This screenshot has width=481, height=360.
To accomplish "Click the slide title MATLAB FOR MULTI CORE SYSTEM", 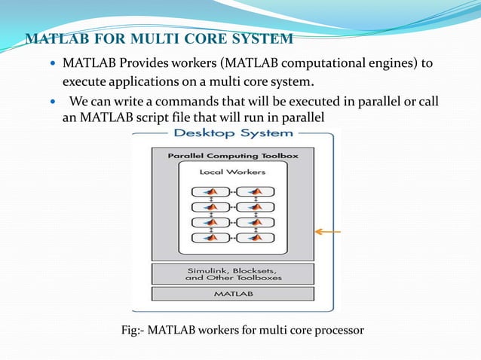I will tap(159, 38).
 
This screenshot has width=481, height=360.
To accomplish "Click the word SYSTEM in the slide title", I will tap(263, 38).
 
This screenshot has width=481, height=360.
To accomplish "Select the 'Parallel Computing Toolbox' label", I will tap(232, 156).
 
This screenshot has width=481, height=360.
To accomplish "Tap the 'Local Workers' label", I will tap(232, 172).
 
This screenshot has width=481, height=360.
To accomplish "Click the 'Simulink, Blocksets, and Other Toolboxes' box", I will tap(232, 273).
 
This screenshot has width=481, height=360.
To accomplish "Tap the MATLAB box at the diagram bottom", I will tap(232, 294).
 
